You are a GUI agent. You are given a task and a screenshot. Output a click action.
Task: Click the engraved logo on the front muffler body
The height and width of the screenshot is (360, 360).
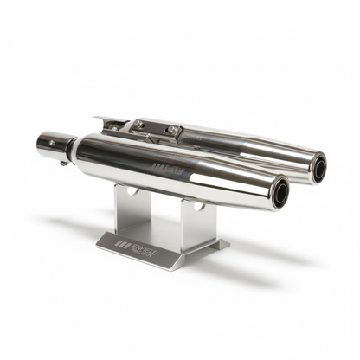click(x=168, y=166)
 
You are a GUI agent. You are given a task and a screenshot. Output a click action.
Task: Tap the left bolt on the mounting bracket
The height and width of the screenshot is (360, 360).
click(x=138, y=125)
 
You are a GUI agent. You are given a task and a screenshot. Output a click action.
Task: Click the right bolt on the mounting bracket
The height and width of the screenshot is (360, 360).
click(x=172, y=132)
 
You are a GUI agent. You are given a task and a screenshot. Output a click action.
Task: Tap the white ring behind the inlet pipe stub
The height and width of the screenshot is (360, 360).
click(x=76, y=148)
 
